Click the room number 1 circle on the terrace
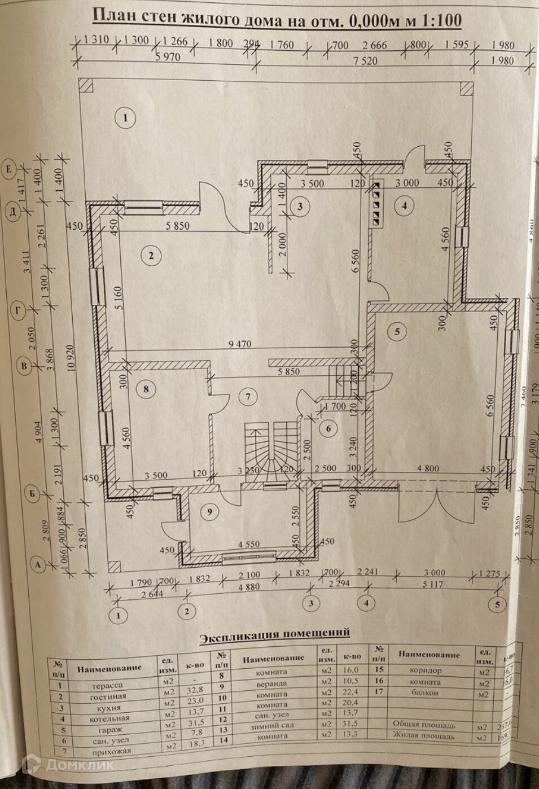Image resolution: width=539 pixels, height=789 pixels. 126,119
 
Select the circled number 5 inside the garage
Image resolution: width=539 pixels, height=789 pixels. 397,332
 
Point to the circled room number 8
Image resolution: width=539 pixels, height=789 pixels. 146,389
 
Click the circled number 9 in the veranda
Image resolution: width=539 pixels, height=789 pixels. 209,512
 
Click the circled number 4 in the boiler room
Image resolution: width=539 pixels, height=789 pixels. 404,206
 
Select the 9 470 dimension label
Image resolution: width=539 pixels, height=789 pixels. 240,344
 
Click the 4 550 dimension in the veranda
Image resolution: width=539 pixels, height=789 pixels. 249,545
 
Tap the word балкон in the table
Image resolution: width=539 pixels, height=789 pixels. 427,691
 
